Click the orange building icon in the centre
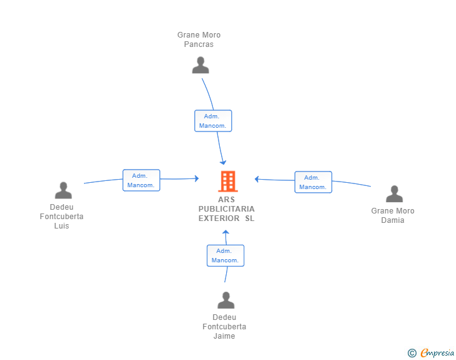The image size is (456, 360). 227,182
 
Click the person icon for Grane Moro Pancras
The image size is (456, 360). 200,65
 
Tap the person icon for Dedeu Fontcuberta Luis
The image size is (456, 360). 63,190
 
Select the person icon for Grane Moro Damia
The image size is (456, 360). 394,194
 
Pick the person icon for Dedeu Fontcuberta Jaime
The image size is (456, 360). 225,301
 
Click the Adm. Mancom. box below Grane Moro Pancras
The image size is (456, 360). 213,121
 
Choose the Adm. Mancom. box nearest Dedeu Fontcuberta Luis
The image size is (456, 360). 141,180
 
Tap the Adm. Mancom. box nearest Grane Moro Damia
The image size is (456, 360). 313,182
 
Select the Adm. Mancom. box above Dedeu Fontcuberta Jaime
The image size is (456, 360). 225,255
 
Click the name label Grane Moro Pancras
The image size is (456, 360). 199,39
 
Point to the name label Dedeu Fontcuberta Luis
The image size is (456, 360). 61,217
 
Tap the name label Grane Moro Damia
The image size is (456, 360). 393,215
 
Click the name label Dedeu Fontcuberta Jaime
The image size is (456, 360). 224,327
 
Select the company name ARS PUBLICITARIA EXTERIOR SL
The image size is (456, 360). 227,208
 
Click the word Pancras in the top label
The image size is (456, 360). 199,44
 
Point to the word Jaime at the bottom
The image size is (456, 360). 224,336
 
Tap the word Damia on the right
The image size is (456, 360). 393,220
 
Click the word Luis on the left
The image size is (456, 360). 61,226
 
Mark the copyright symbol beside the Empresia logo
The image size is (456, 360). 412,353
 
